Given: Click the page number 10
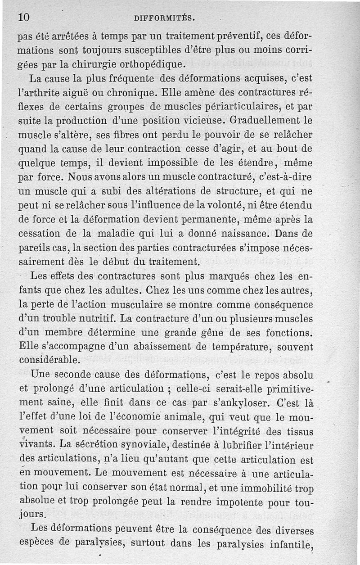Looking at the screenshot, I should [24, 17].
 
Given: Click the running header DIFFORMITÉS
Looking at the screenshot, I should [164, 18].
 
